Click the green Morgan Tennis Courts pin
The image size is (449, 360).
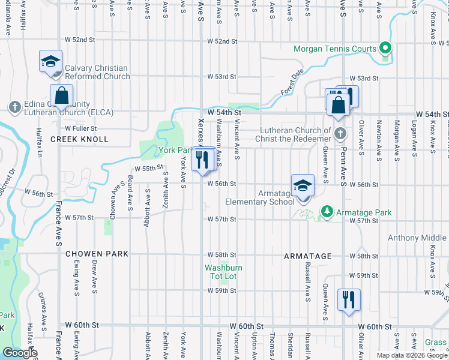tap(385, 49)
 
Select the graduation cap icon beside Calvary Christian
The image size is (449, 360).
tap(51, 61)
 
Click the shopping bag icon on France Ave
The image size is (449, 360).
tap(61, 95)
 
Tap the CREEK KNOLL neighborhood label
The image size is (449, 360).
tap(79, 139)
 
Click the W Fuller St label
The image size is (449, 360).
tap(81, 128)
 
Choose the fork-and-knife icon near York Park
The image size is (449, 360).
tap(203, 159)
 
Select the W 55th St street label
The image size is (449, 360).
tap(149, 169)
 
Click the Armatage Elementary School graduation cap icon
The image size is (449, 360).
tap(303, 184)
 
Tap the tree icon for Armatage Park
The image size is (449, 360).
tap(326, 212)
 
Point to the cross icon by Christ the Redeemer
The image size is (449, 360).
tap(340, 133)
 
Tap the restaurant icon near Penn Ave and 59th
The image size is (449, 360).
tap(349, 298)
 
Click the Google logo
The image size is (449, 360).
tap(20, 353)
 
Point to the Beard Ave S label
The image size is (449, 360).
tap(130, 193)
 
